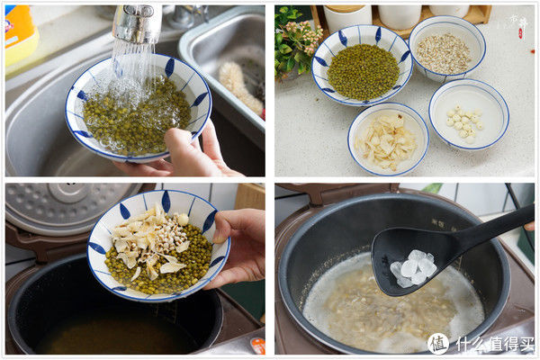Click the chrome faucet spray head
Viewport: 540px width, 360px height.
[x=138, y=23]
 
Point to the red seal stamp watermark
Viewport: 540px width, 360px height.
[x=519, y=33]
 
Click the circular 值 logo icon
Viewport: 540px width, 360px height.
[x=438, y=343]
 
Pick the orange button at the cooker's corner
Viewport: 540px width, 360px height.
[x=257, y=345]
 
